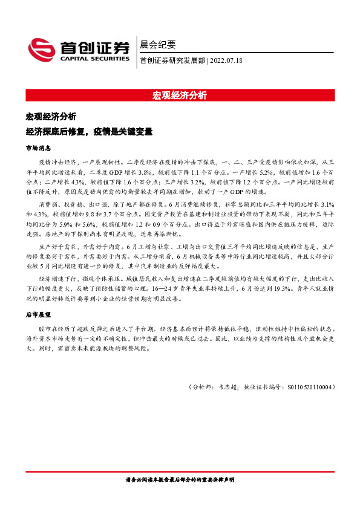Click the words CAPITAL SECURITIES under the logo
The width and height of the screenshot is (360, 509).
(94, 59)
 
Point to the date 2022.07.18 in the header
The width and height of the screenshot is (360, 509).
(228, 61)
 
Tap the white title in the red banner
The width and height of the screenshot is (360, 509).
(180, 96)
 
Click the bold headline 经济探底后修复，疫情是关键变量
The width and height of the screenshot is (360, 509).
(88, 130)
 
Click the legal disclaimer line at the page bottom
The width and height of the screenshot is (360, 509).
(180, 479)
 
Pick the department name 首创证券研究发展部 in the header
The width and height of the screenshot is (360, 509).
(172, 61)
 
